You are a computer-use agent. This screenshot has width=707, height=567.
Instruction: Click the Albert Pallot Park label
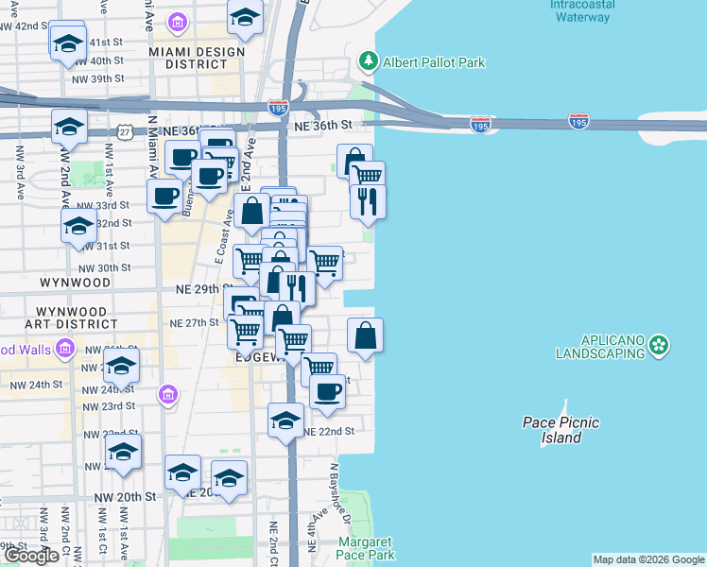coord(434,62)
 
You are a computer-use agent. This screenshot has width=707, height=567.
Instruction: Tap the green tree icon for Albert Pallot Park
coord(369,62)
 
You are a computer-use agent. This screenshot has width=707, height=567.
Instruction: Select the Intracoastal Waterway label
coord(582,10)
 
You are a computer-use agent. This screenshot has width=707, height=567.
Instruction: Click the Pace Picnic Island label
coord(560,430)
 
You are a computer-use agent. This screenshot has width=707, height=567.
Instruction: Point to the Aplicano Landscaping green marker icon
coord(659,346)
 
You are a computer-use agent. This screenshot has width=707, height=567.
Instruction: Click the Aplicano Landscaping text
coord(601,346)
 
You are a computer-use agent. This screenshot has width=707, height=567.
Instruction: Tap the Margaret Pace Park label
coord(366,549)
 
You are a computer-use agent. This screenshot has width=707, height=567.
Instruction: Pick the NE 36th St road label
coord(322,125)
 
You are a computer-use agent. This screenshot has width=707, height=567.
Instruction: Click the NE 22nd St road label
coord(329,431)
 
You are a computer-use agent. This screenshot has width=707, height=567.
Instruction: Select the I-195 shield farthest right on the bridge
coord(579,121)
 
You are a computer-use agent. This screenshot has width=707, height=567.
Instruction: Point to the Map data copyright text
coord(648,559)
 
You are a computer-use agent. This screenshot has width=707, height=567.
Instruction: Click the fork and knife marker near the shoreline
coord(367,201)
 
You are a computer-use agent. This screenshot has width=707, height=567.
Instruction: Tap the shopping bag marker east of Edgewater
coord(365,335)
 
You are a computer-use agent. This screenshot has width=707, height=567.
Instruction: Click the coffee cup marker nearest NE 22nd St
coord(327,391)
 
